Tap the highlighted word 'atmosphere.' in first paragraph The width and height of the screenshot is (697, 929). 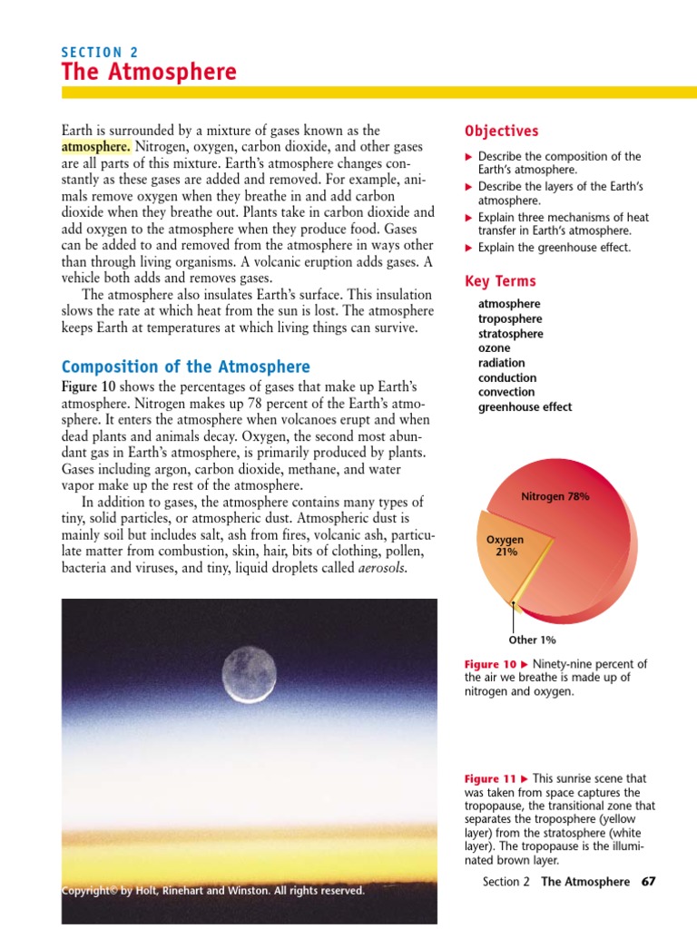click(x=96, y=147)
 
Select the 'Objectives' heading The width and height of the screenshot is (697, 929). click(x=501, y=132)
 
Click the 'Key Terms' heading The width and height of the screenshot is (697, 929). click(x=500, y=281)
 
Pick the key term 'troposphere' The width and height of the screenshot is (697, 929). click(x=510, y=319)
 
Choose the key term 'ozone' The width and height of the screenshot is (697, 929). click(x=494, y=348)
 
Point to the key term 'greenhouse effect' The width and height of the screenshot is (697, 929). click(x=525, y=407)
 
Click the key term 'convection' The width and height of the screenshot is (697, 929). click(x=506, y=392)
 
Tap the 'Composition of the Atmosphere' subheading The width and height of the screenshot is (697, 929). click(x=185, y=367)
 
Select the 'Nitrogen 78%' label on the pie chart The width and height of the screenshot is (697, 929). click(x=555, y=496)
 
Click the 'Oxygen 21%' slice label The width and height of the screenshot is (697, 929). click(x=506, y=545)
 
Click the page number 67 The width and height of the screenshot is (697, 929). click(x=647, y=882)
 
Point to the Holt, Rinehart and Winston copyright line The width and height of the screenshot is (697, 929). click(x=213, y=890)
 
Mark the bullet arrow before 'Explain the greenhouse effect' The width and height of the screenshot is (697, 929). click(x=469, y=248)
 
